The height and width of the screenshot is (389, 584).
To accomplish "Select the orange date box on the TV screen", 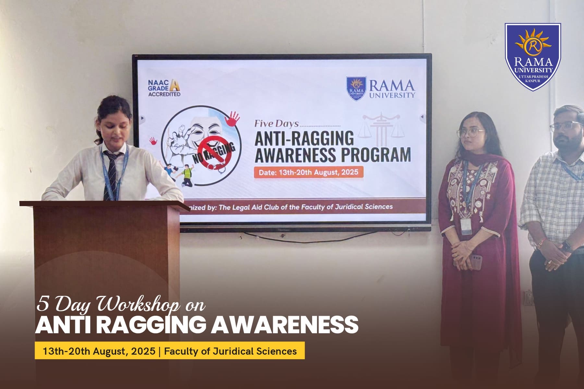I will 308,172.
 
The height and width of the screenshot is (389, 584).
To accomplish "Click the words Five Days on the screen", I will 276,124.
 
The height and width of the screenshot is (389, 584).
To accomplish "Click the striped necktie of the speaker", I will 109,175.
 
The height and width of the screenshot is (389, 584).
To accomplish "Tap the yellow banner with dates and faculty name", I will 170,351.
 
